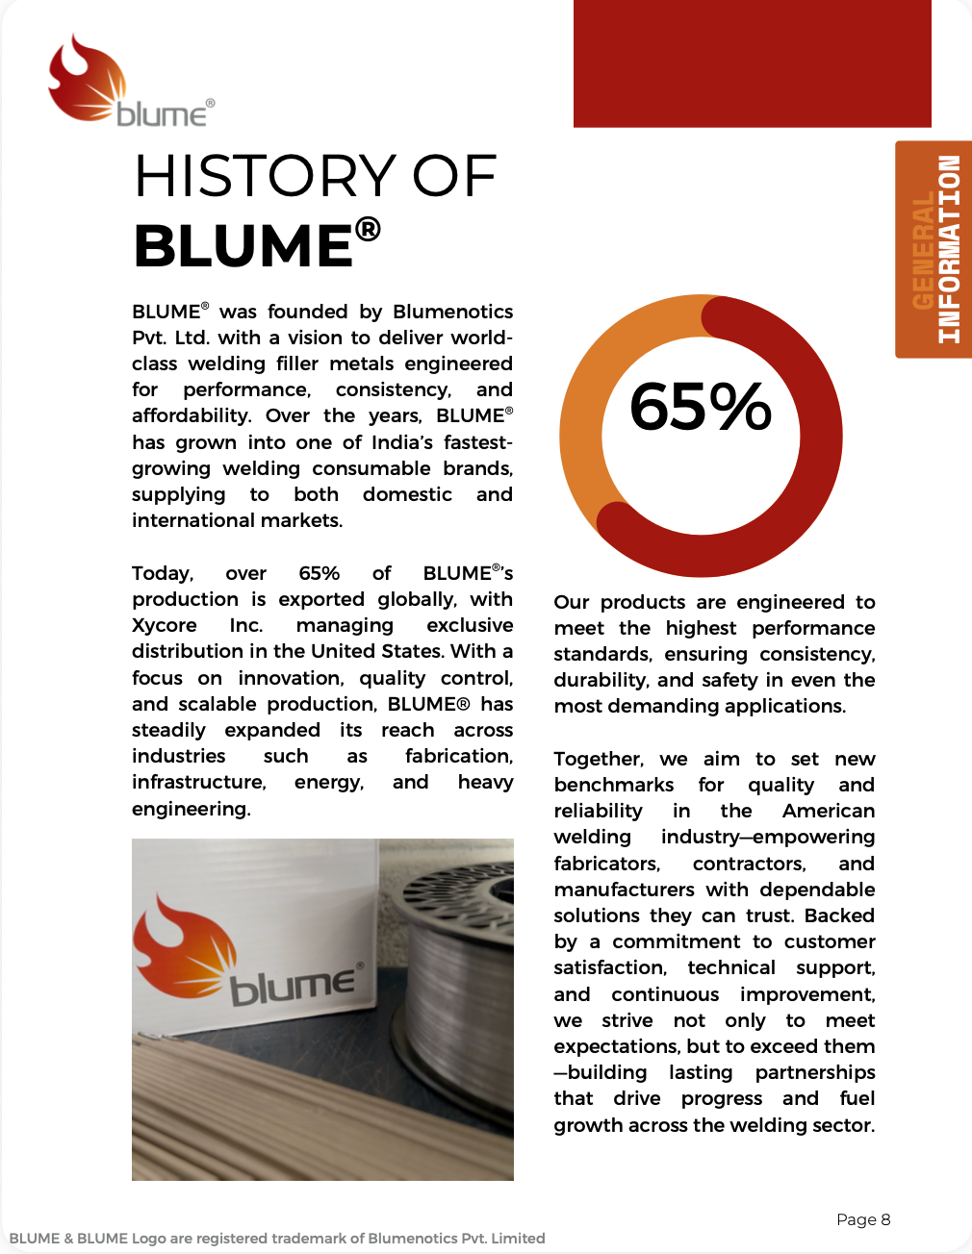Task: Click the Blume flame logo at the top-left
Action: [x=89, y=79]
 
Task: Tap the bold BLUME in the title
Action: [x=243, y=245]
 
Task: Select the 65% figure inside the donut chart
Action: [x=701, y=406]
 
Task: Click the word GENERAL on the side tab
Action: [x=923, y=250]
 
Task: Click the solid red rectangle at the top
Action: [x=752, y=63]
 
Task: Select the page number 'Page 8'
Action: [x=863, y=1219]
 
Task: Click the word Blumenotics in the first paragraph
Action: [x=452, y=312]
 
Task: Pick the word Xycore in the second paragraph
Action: [x=165, y=625]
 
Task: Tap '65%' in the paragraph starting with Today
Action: [x=319, y=573]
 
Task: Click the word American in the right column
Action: [x=829, y=811]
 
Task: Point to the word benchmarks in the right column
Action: [x=613, y=785]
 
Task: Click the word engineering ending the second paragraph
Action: [x=191, y=809]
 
